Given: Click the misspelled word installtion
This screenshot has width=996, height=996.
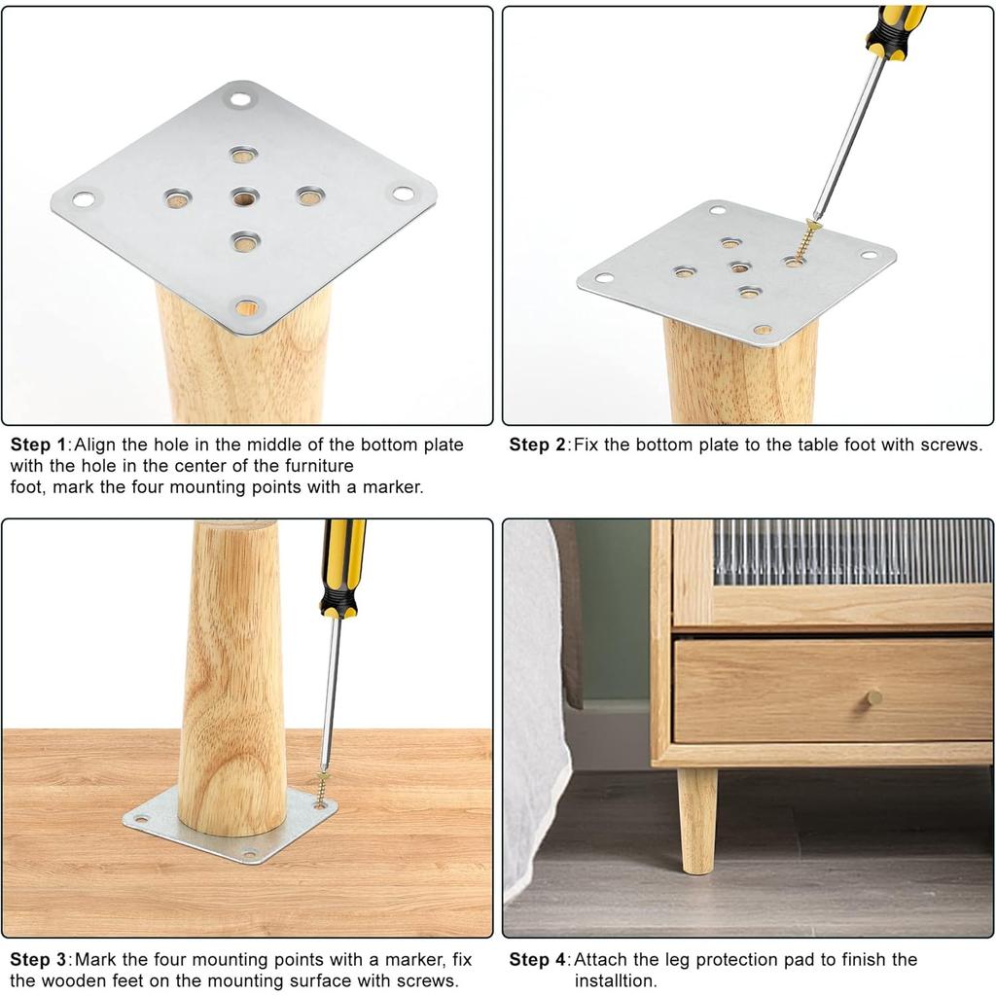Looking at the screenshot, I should [615, 980].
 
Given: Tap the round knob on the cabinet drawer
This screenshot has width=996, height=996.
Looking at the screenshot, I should [874, 696].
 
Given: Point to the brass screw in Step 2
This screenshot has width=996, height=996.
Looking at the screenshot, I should [804, 241].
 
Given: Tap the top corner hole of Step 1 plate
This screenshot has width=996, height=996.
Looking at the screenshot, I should [239, 98].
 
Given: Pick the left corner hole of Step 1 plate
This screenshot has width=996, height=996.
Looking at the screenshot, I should [84, 199].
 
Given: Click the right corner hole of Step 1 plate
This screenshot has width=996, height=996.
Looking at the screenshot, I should [402, 193].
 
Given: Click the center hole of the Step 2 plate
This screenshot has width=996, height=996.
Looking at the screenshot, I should [739, 267].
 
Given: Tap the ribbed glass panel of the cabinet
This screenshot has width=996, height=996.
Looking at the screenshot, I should [851, 551].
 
